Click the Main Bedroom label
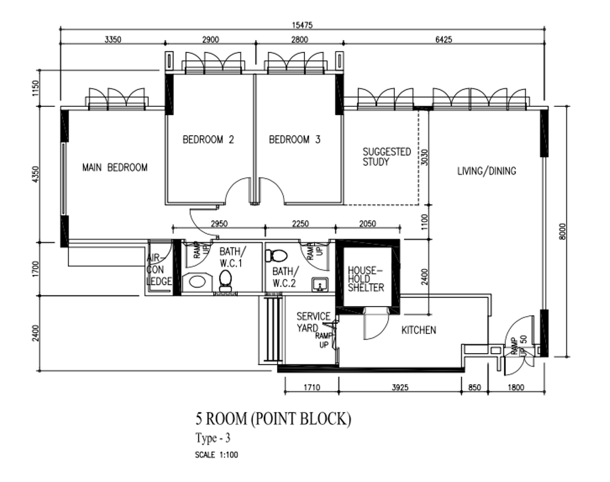(115, 168)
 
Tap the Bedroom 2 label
(208, 140)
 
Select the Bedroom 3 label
(294, 140)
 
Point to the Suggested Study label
(387, 157)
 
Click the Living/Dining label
(487, 171)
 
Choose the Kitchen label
(419, 330)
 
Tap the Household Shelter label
(366, 279)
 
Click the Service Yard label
(313, 322)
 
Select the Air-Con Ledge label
(159, 270)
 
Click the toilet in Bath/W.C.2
(276, 255)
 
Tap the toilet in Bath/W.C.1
(225, 280)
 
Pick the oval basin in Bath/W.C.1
(197, 281)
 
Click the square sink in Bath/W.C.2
(320, 285)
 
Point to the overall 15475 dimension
(302, 25)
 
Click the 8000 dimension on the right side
(562, 231)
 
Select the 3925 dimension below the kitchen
(400, 387)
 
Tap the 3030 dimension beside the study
(424, 157)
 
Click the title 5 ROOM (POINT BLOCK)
(273, 419)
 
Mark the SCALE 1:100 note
(216, 455)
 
